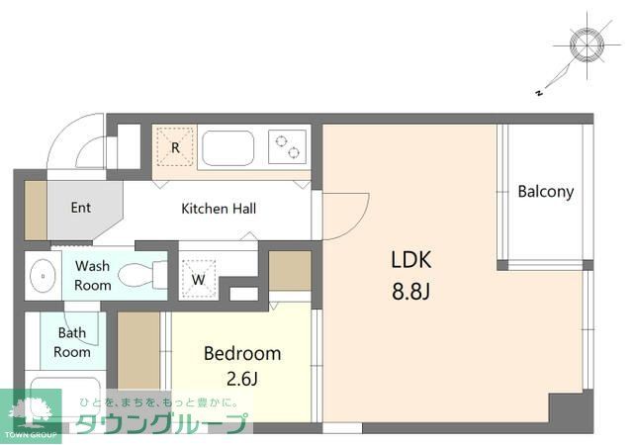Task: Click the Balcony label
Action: (545, 192)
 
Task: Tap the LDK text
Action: (411, 260)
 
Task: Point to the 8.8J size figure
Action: (410, 291)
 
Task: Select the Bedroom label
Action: (242, 353)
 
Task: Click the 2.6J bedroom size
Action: (241, 379)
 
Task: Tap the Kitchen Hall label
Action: (219, 209)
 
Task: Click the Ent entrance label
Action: (81, 208)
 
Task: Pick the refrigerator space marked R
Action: (175, 147)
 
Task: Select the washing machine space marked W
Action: (198, 279)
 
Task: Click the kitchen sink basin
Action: (228, 148)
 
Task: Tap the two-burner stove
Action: (288, 147)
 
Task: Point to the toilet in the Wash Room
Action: (142, 275)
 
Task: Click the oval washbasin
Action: (43, 276)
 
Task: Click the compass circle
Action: (587, 44)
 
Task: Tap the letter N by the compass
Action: (538, 93)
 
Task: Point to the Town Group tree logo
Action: (31, 413)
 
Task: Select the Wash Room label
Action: (92, 275)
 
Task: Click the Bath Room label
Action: (72, 342)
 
